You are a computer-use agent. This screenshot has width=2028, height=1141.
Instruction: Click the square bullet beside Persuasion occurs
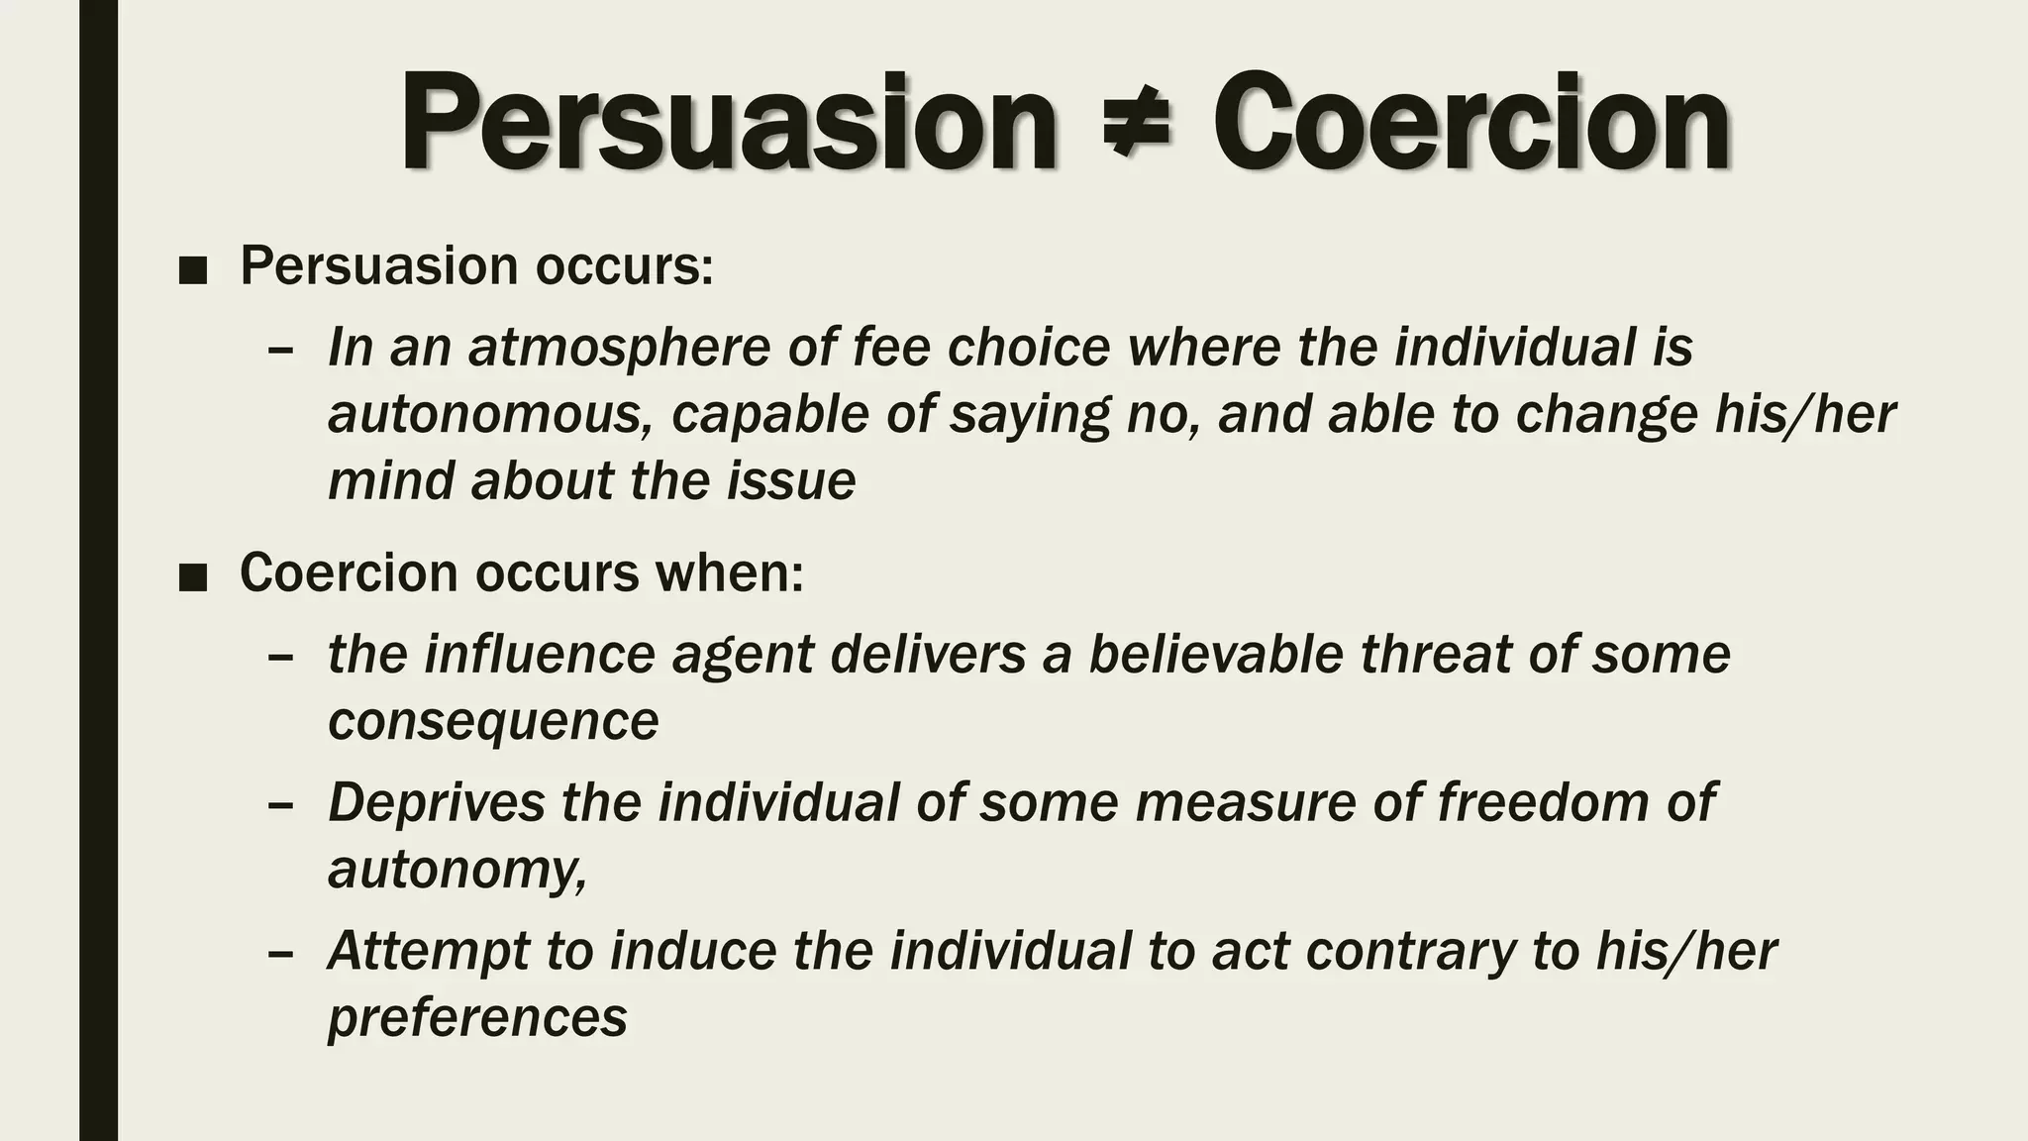pos(193,270)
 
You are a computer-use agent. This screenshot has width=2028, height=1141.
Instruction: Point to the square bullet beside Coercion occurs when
pos(193,577)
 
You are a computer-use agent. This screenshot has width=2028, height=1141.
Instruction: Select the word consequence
pos(493,721)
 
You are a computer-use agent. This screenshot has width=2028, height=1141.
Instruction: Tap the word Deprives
pos(436,801)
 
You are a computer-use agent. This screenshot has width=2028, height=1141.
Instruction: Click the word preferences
pos(477,1017)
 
